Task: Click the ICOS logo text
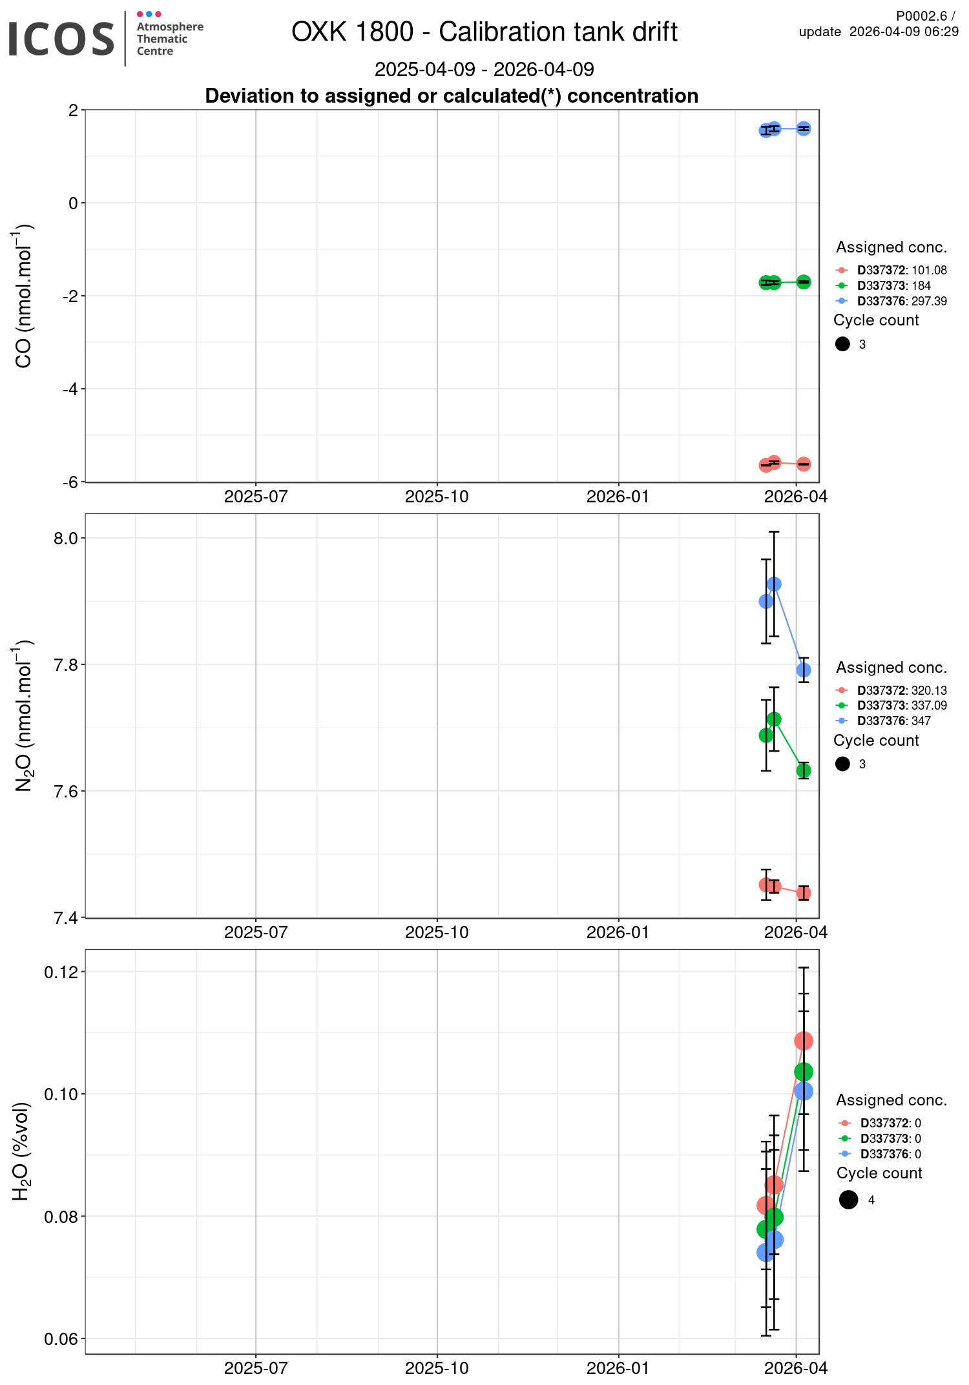pos(61,39)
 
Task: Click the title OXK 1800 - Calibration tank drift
pos(484,32)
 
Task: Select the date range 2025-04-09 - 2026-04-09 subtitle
pos(484,69)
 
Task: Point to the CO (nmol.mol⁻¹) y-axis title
pos(23,296)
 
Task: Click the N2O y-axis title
pos(23,715)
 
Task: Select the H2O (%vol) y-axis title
pos(21,1151)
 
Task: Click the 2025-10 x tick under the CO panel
pos(437,497)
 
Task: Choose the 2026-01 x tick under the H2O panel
pos(618,1368)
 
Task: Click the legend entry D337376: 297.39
pos(902,301)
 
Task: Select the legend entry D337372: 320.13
pos(902,690)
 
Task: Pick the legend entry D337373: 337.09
pos(902,706)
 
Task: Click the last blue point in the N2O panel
pos(804,670)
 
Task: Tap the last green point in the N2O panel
pos(804,770)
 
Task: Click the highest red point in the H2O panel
pos(804,1041)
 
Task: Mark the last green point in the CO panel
pos(804,282)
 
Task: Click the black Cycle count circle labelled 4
pos(848,1200)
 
